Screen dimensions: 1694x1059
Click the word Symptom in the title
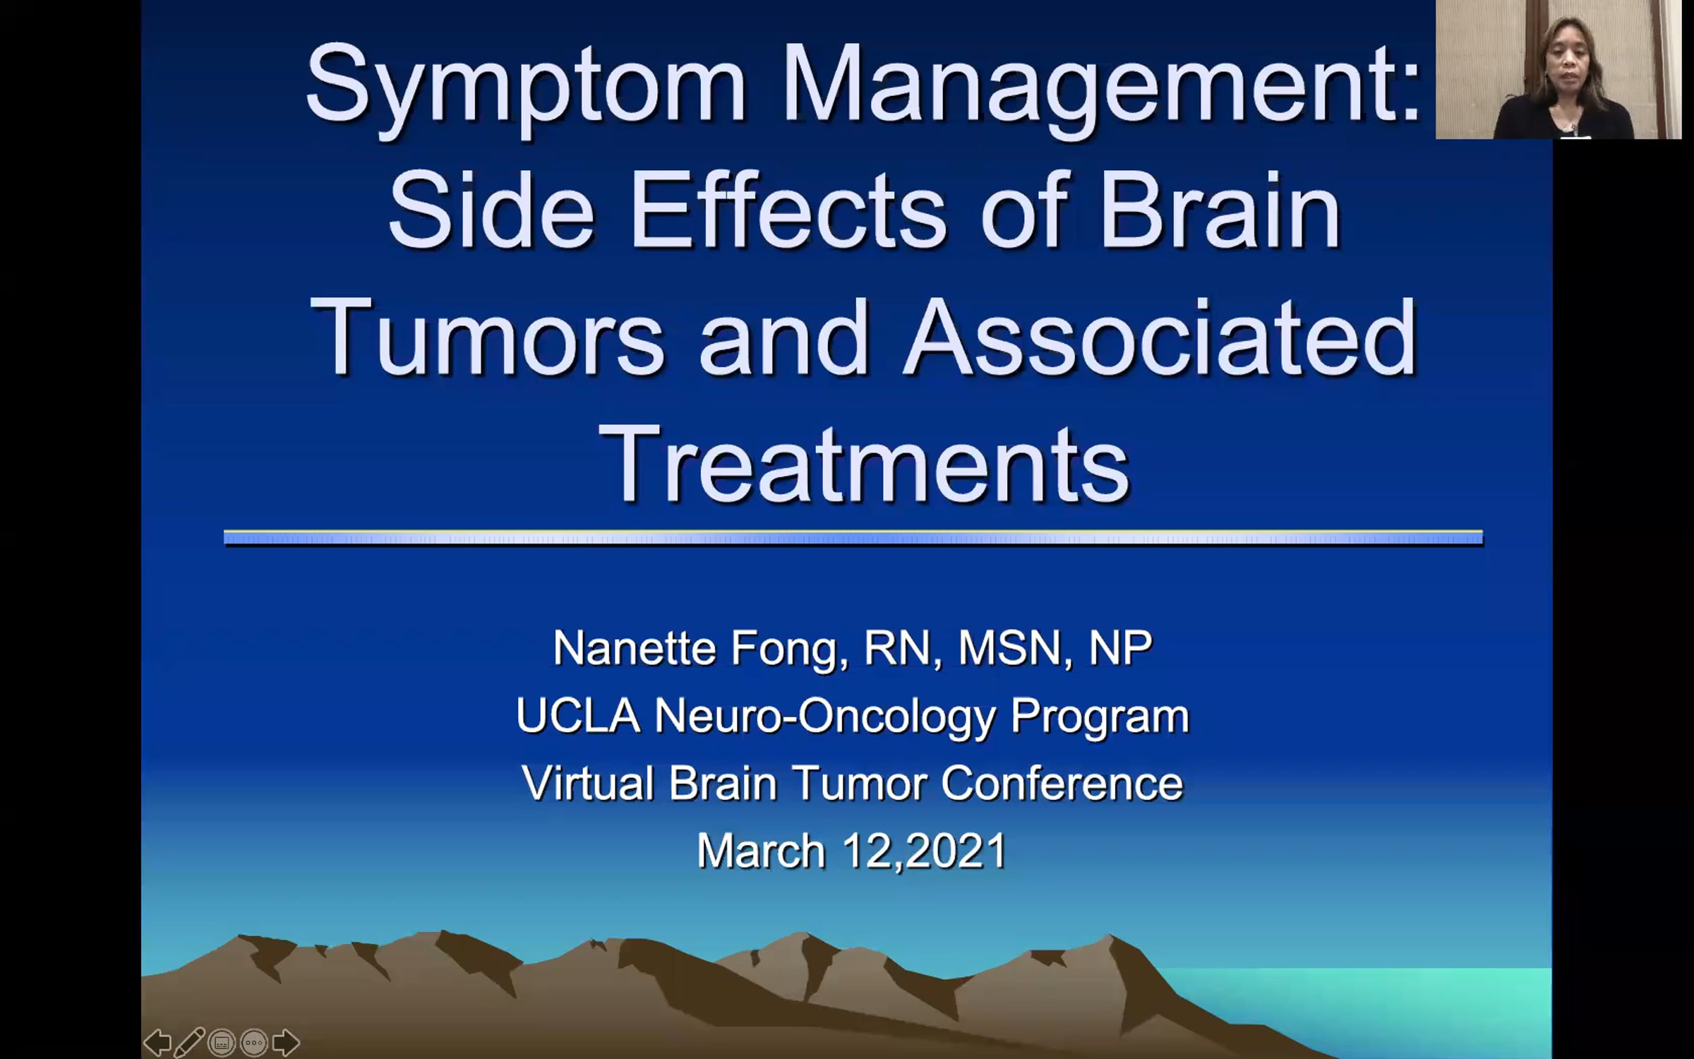(x=526, y=88)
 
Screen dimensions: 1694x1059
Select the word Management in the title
(x=1102, y=88)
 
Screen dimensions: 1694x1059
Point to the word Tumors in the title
(x=487, y=337)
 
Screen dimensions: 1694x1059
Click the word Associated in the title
(x=1160, y=337)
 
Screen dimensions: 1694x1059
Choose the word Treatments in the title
(x=864, y=464)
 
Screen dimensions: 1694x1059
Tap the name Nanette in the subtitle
(x=634, y=647)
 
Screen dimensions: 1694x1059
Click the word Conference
(x=1062, y=783)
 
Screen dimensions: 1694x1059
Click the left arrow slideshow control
(x=157, y=1042)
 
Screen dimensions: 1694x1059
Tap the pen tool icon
(x=189, y=1042)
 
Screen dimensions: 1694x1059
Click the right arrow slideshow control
(x=286, y=1042)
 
